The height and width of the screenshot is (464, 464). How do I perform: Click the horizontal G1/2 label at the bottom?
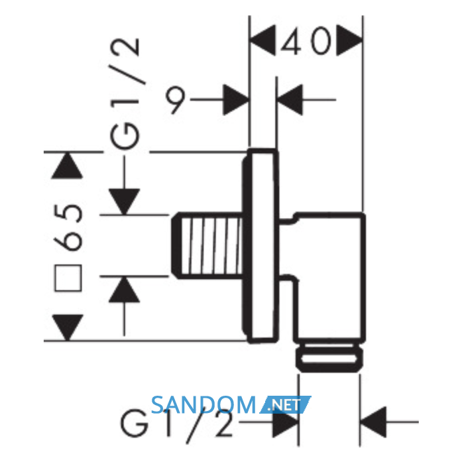[176, 426]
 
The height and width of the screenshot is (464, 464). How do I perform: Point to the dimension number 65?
[68, 227]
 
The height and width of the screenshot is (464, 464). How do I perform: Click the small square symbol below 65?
[68, 278]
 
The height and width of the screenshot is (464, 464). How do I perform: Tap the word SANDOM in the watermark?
[203, 404]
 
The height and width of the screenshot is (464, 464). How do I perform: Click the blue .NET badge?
[285, 404]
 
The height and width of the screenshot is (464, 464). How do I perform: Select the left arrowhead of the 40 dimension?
[262, 40]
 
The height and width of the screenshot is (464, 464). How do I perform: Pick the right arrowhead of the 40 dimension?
[349, 40]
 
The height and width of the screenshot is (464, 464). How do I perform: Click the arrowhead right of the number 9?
[236, 99]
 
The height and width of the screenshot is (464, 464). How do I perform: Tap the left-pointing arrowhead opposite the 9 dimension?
[290, 99]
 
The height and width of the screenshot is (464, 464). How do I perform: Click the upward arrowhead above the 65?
[67, 166]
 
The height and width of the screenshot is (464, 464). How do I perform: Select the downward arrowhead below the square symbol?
[68, 327]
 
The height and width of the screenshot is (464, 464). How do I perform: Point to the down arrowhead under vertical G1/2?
[125, 202]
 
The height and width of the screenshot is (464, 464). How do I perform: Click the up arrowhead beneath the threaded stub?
[125, 290]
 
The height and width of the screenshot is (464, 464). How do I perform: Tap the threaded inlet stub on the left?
[207, 245]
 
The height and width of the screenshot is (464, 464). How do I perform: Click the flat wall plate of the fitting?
[261, 246]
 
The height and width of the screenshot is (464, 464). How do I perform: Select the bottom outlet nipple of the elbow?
[329, 357]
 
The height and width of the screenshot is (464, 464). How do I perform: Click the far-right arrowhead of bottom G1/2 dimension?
[373, 422]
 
